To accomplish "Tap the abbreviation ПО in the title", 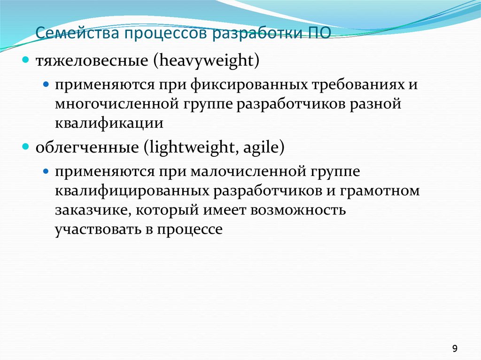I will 319,34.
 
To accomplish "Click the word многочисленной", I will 113,104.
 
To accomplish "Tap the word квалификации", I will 109,123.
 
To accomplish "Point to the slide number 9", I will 455,348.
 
